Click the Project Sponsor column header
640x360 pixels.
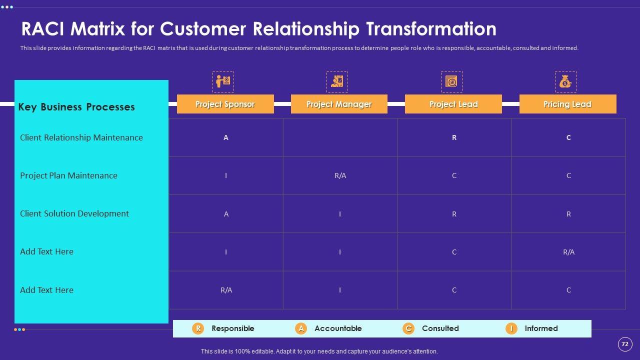click(225, 104)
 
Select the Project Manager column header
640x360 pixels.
click(339, 104)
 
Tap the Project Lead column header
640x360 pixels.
click(453, 104)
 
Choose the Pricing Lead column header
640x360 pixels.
click(567, 104)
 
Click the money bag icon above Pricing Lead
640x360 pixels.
click(565, 81)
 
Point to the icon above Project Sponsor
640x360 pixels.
click(223, 81)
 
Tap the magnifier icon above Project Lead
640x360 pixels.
click(451, 81)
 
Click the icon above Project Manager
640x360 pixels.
click(337, 81)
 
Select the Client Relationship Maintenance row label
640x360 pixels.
click(81, 137)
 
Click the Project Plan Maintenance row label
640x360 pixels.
click(68, 175)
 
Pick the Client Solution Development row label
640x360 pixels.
click(74, 213)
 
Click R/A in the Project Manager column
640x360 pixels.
click(340, 175)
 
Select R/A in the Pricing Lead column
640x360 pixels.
click(569, 252)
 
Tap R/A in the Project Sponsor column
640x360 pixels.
click(226, 290)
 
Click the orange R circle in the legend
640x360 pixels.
click(198, 328)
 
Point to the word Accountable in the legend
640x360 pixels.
click(338, 328)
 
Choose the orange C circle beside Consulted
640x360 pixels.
click(408, 328)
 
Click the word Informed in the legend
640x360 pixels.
click(541, 328)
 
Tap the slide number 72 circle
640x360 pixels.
click(625, 344)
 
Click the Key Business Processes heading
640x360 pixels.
click(76, 107)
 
